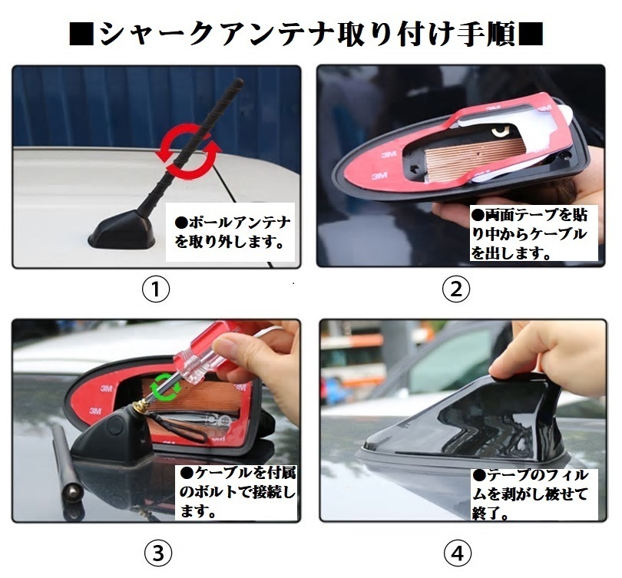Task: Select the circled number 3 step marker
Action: pyautogui.click(x=158, y=553)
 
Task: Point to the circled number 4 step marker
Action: pyautogui.click(x=458, y=553)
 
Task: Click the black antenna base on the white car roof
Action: pyautogui.click(x=121, y=233)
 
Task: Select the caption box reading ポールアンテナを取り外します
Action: pyautogui.click(x=230, y=232)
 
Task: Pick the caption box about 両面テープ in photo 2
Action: pyautogui.click(x=534, y=233)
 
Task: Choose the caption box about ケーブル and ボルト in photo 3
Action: pyautogui.click(x=237, y=492)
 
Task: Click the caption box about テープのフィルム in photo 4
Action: pyautogui.click(x=534, y=494)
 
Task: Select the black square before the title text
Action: pyautogui.click(x=81, y=34)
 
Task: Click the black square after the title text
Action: pyautogui.click(x=531, y=34)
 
